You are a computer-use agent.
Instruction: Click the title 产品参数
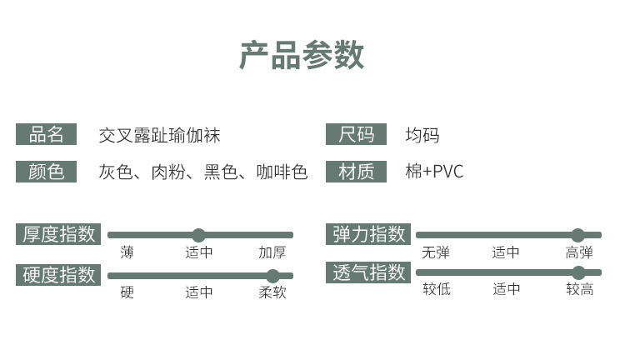point(302,55)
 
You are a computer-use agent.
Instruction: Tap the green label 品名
point(46,134)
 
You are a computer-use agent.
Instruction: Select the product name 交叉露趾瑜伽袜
point(159,135)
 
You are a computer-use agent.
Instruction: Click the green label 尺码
point(356,134)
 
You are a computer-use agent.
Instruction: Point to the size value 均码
point(422,135)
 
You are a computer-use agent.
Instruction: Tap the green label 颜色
point(46,172)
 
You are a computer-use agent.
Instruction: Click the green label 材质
point(356,172)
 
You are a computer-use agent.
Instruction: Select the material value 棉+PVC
point(434,172)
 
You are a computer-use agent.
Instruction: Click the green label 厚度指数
point(58,234)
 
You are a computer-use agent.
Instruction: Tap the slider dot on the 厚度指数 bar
point(198,235)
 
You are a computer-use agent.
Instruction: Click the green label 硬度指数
point(58,275)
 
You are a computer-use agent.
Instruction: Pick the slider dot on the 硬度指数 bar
point(272,276)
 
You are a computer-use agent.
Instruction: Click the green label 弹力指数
point(368,234)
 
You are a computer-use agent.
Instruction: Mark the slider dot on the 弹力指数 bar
point(577,235)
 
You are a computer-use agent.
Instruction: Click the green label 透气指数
point(368,272)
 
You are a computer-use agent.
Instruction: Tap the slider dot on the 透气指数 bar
point(578,272)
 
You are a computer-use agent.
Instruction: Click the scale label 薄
point(127,252)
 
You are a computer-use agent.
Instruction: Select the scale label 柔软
point(272,292)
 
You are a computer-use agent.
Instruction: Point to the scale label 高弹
point(579,252)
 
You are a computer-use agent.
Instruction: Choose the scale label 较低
point(436,289)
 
